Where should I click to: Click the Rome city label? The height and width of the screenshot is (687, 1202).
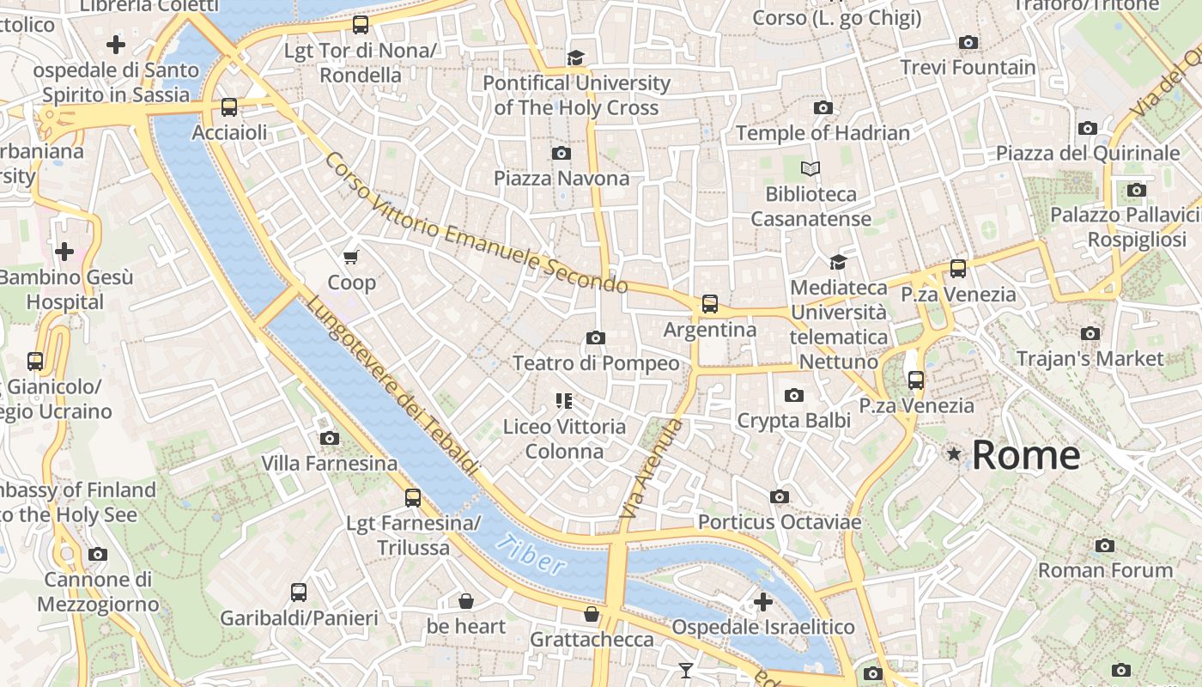coord(1025,455)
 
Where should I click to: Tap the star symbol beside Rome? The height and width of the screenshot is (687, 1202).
coord(953,453)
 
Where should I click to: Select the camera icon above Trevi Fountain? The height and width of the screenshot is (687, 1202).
coord(968,42)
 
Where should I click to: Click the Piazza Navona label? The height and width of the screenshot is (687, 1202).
coord(562,179)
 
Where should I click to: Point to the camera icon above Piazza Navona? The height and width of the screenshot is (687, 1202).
coord(561,153)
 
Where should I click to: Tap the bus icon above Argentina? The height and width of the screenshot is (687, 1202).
coord(709,303)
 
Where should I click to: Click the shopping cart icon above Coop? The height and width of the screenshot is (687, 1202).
coord(350,257)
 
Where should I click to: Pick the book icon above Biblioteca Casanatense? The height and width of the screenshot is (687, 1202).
coord(810,168)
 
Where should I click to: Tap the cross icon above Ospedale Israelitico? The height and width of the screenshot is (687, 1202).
coord(762,602)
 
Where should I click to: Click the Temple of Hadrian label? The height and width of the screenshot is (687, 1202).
coord(823,133)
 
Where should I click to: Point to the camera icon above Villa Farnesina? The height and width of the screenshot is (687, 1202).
coord(329,438)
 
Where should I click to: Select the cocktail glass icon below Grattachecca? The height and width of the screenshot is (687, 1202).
coord(685,670)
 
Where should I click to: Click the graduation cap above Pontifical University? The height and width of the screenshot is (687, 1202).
coord(575,58)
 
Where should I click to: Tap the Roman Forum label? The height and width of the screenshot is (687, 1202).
coord(1105,570)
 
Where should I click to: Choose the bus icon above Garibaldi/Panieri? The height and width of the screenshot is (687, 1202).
coord(298,592)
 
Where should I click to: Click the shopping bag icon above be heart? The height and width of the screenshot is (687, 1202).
coord(465,600)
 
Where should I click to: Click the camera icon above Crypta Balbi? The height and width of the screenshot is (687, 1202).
coord(793,395)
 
